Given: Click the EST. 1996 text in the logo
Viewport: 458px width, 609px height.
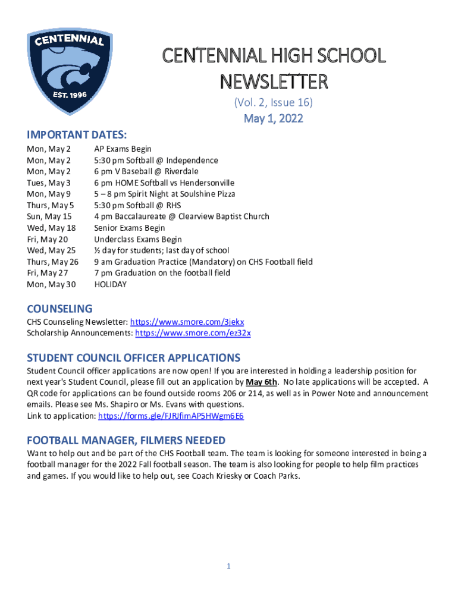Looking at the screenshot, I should pyautogui.click(x=70, y=95).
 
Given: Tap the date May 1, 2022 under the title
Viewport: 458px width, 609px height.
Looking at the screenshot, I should pyautogui.click(x=274, y=118).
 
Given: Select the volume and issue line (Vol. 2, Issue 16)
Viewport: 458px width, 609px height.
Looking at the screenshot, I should pyautogui.click(x=274, y=103).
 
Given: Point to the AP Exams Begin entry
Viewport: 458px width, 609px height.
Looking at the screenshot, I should pyautogui.click(x=123, y=149).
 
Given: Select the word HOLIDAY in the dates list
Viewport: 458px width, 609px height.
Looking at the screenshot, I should pyautogui.click(x=111, y=285).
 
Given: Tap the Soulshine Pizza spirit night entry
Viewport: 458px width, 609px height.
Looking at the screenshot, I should pyautogui.click(x=164, y=194).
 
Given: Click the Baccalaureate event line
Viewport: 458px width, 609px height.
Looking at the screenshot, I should pyautogui.click(x=181, y=217).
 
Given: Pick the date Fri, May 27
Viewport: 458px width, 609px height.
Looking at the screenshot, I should pyautogui.click(x=48, y=274).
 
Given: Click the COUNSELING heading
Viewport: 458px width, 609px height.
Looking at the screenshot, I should pyautogui.click(x=59, y=309).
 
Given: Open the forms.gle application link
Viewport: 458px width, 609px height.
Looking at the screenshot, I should pyautogui.click(x=171, y=416).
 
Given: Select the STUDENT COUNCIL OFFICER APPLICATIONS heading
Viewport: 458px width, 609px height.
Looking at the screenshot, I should pyautogui.click(x=134, y=358).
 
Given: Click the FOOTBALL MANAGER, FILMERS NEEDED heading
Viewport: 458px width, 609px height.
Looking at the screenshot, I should pyautogui.click(x=126, y=440).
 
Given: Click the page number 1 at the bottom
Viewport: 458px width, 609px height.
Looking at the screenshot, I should pyautogui.click(x=228, y=567).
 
